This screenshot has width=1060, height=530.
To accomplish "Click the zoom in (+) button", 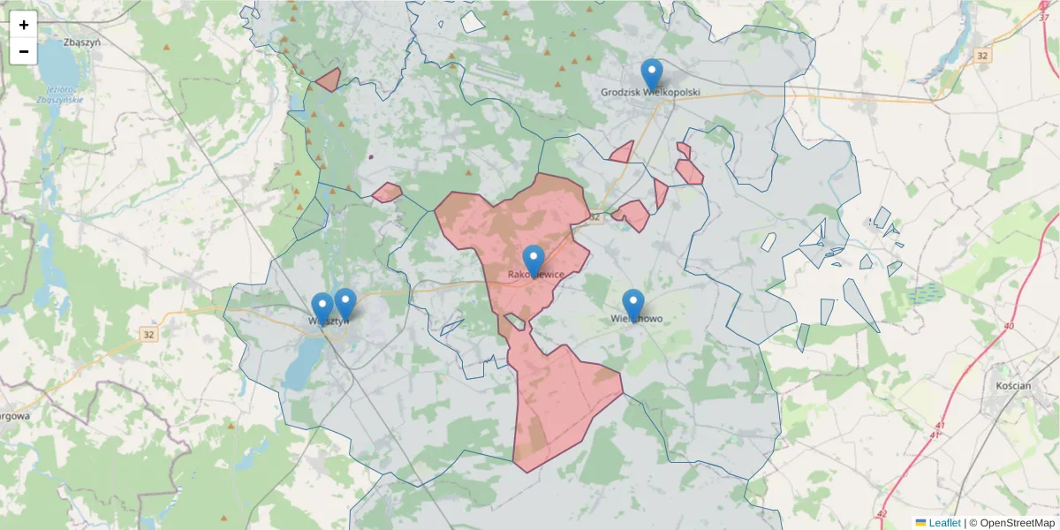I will (x=24, y=25).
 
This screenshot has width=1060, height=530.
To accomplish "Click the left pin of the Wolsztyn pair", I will (x=322, y=308).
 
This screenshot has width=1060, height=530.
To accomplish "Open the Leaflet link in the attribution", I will (x=944, y=523).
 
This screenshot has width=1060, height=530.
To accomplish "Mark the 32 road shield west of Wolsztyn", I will (x=148, y=335).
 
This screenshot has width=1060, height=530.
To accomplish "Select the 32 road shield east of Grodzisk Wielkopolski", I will (x=982, y=56).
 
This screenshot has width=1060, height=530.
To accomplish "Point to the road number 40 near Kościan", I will (x=1009, y=327).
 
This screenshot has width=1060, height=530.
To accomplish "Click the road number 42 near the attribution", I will (x=881, y=512).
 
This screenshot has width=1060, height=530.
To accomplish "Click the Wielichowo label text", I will (x=637, y=319).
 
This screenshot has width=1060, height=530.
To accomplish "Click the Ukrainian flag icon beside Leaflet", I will (x=920, y=523).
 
